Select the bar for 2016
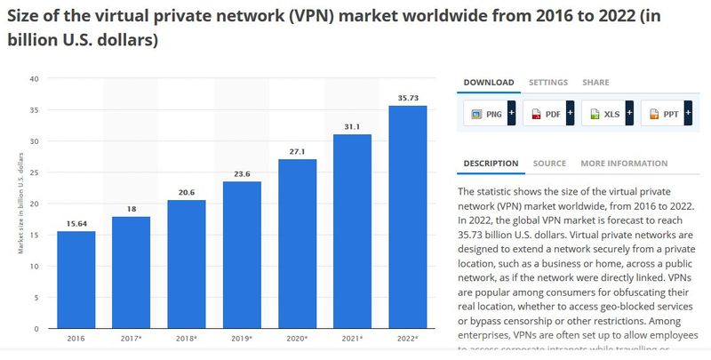click(76, 279)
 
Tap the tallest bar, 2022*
click(407, 217)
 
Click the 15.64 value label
click(76, 223)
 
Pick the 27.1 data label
click(297, 151)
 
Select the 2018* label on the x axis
click(187, 339)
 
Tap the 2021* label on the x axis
click(353, 339)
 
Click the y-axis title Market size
click(20, 204)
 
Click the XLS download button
click(607, 115)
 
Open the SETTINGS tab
click(547, 83)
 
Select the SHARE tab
click(595, 83)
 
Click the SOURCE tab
click(549, 164)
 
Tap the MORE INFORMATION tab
click(624, 164)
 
